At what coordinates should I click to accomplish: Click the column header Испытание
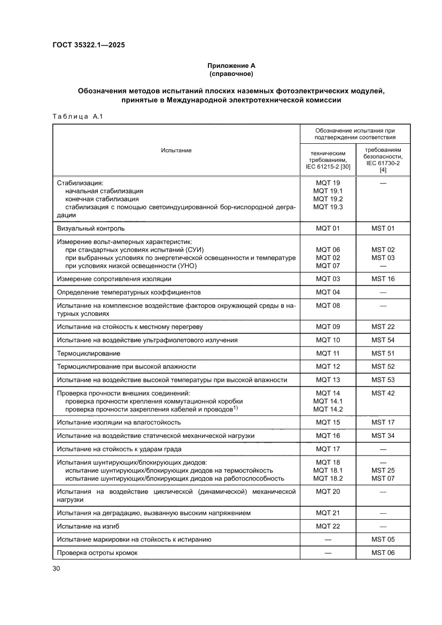tap(176, 150)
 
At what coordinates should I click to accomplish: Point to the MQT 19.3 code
tap(328, 206)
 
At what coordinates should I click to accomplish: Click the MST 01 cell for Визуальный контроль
tap(383, 228)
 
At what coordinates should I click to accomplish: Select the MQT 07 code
tap(328, 265)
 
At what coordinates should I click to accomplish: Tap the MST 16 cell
tap(383, 279)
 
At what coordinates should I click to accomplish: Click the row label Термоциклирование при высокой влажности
tap(127, 367)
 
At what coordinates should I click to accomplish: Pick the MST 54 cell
tap(383, 340)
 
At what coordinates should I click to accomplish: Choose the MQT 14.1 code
tap(328, 401)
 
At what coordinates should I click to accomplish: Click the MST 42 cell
tap(383, 393)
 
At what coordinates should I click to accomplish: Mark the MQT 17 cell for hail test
tap(328, 449)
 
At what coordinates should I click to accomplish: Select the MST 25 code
tap(383, 470)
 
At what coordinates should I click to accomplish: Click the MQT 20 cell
tap(328, 491)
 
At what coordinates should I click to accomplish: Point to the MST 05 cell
tap(383, 539)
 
